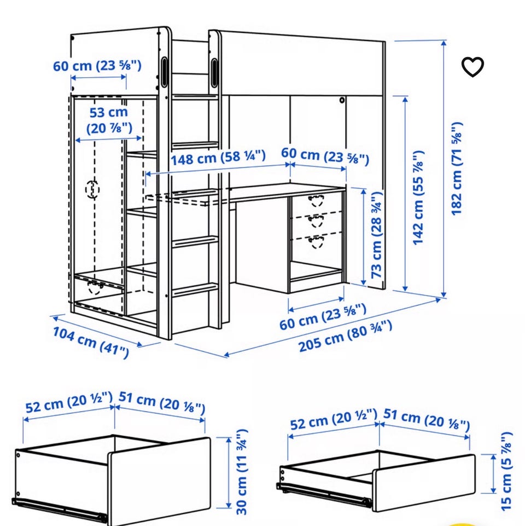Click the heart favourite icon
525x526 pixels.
point(472,67)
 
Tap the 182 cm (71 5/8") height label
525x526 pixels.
point(457,169)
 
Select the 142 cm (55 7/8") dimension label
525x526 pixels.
point(419,198)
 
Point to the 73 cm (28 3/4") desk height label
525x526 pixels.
point(377,235)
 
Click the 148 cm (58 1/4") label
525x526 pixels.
point(218,157)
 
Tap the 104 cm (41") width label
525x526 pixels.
point(91,342)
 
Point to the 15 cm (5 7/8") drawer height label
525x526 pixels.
point(506,471)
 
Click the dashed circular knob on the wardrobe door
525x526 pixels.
point(92,189)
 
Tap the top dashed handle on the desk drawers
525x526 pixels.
point(316,200)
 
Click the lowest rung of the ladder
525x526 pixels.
point(195,289)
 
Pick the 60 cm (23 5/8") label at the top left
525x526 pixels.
point(97,66)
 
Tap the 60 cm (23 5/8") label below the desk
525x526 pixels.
point(323,316)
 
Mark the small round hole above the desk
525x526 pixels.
point(342,100)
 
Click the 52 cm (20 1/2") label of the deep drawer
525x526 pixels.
point(69,402)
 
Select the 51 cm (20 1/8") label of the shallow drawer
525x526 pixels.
point(427,419)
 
